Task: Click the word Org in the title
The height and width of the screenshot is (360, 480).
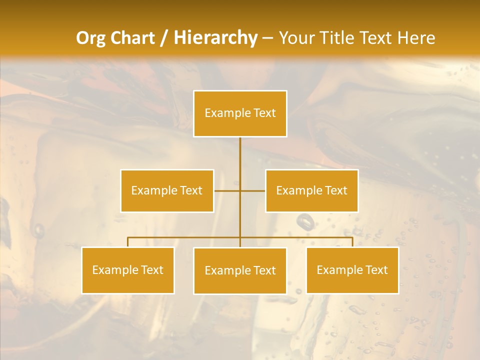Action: click(92, 38)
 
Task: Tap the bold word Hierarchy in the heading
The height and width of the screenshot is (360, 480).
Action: click(215, 38)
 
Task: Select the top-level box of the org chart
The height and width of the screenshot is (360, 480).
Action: click(240, 113)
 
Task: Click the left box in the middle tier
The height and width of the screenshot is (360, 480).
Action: click(167, 190)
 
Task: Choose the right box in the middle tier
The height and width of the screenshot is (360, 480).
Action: click(311, 190)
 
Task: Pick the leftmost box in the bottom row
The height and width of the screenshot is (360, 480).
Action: click(127, 270)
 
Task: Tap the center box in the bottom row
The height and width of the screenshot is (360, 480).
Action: click(240, 270)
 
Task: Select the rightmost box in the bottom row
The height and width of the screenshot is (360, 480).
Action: click(352, 270)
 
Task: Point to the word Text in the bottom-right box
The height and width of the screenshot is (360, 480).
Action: click(376, 270)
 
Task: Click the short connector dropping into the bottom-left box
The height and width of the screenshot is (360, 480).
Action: click(127, 242)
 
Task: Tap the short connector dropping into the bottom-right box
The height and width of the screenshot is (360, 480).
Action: click(352, 242)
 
